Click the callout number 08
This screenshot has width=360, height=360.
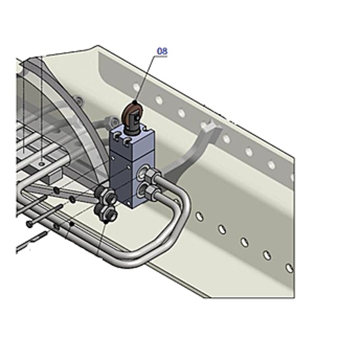coord(162,51)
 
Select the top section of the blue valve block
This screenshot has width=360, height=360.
coord(131,144)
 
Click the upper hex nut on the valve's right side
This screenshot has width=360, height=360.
coord(152,175)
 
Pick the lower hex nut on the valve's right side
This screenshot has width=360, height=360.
coord(152,191)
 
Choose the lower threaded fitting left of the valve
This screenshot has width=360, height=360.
coord(107,213)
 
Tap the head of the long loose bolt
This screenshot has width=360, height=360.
coord(30,224)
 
